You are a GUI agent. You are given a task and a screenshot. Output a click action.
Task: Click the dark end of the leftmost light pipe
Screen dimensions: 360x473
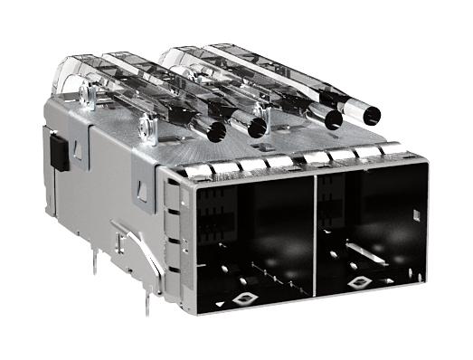point(215,132)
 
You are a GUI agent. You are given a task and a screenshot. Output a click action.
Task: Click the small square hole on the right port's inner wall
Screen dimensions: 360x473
point(415,214)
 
